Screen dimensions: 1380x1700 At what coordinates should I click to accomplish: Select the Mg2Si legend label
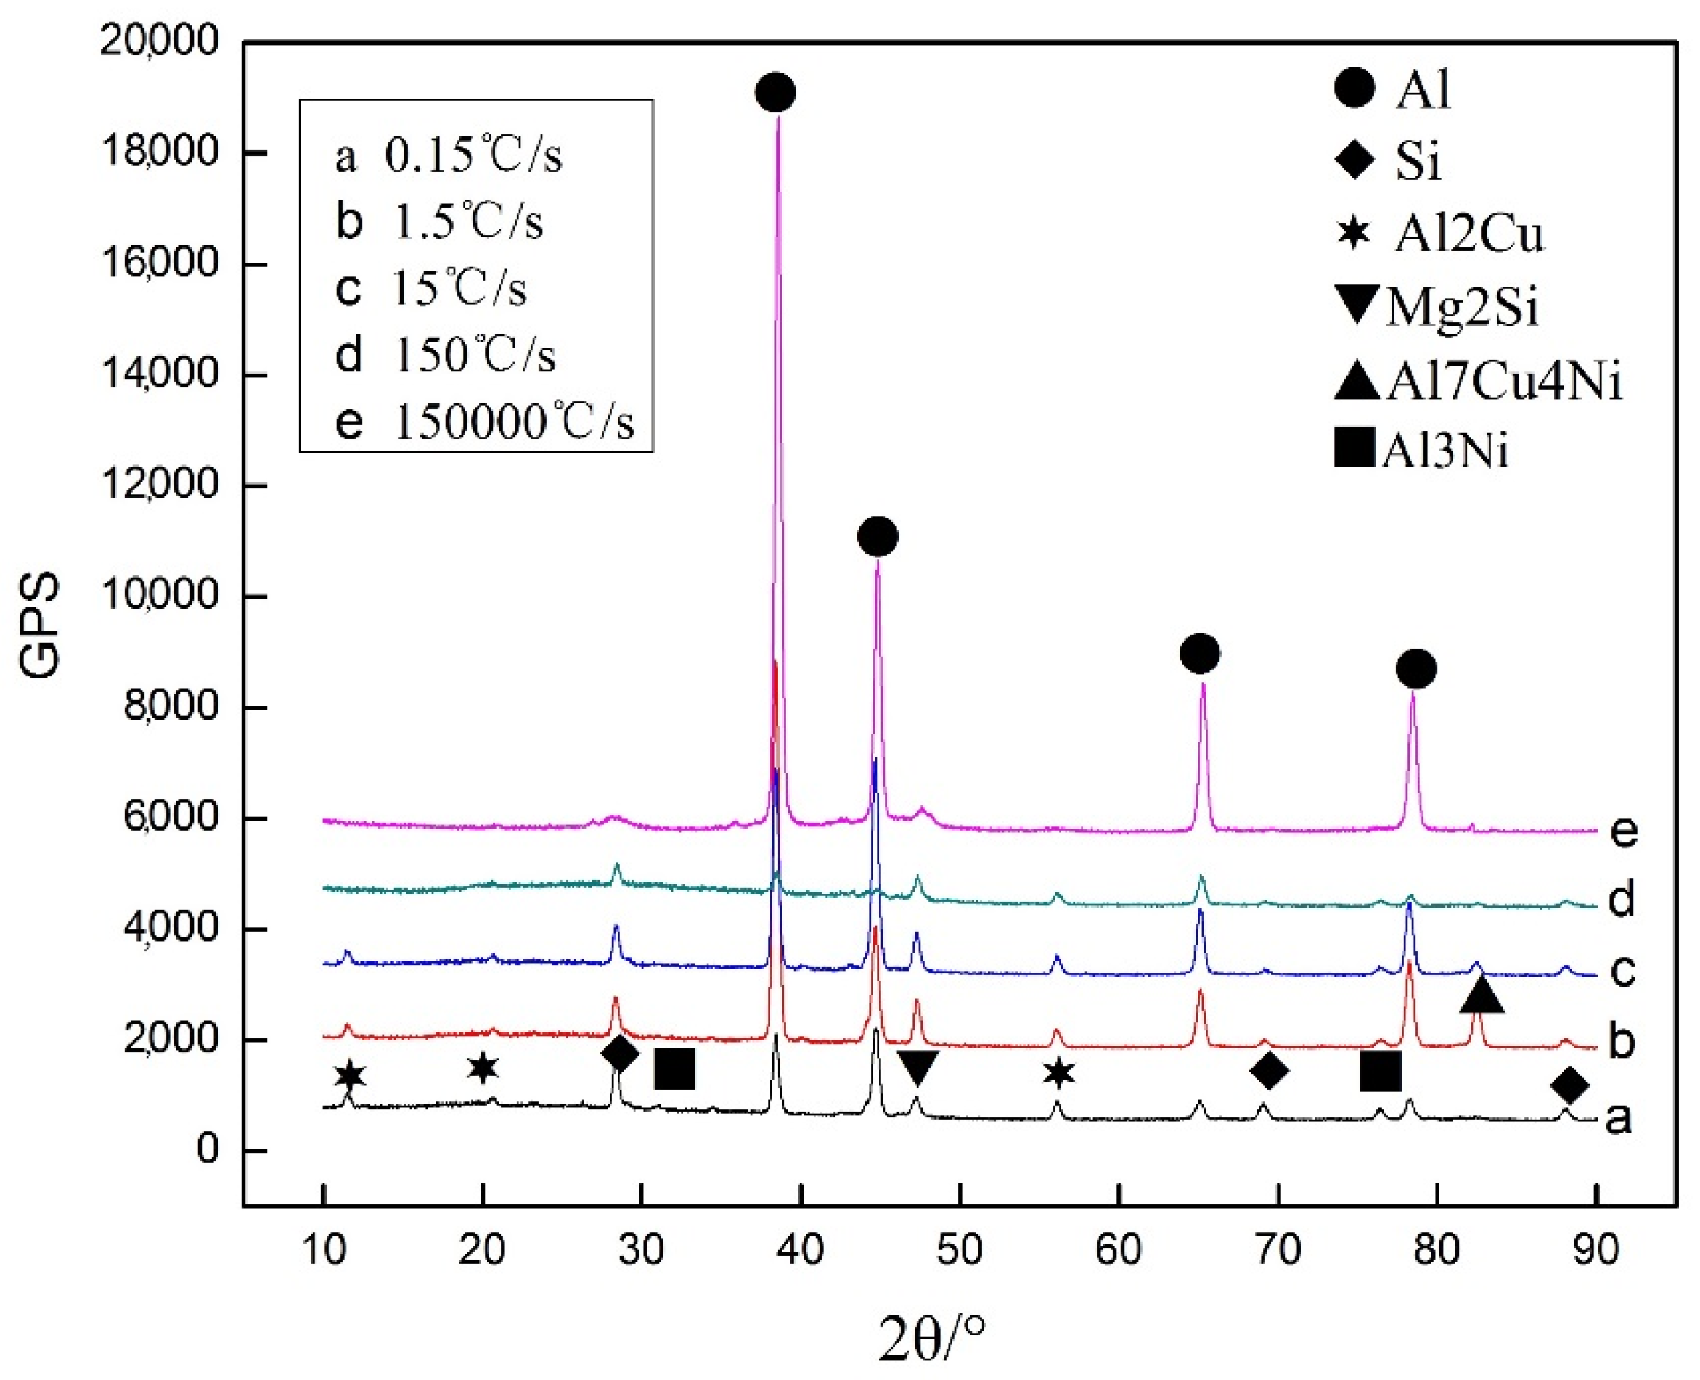[1439, 306]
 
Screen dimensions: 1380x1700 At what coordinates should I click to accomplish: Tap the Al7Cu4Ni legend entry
[1479, 381]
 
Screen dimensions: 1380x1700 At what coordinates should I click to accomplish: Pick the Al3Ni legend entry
[1423, 449]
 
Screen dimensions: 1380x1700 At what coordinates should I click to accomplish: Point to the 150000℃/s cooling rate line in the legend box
[485, 422]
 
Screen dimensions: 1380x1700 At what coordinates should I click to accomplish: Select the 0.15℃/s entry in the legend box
[449, 155]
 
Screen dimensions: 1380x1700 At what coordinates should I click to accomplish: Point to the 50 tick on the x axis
[960, 1249]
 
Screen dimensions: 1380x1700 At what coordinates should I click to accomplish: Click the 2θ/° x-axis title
[932, 1339]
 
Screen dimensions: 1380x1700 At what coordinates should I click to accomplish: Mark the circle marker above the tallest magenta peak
[775, 92]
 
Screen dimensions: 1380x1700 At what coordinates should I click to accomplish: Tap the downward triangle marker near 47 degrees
[918, 1066]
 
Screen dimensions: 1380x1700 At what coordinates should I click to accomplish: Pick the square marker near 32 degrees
[674, 1069]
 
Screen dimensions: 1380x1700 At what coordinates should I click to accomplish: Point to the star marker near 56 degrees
[1058, 1073]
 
